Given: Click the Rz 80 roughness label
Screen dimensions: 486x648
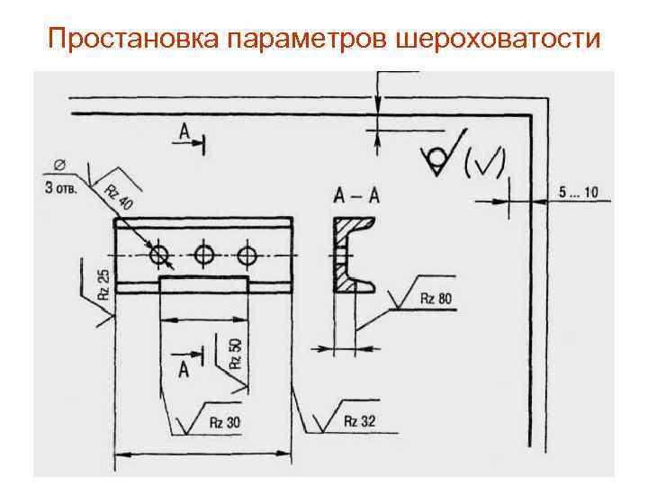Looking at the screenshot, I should click(x=436, y=299).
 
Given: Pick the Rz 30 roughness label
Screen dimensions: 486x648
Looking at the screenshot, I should click(x=224, y=421).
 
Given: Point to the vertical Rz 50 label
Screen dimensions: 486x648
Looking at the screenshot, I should click(x=236, y=354).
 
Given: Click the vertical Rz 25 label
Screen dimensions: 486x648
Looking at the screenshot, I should click(x=104, y=283).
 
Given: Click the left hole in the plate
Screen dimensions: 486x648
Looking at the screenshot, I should click(x=161, y=256).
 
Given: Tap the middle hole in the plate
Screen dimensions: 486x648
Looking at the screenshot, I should click(x=204, y=256).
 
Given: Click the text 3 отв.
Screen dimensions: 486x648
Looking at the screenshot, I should click(x=61, y=188).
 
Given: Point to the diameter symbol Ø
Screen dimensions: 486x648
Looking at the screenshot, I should click(x=59, y=164).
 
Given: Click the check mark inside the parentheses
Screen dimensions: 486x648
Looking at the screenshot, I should click(x=485, y=162).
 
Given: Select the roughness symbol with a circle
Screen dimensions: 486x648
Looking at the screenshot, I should click(x=440, y=157).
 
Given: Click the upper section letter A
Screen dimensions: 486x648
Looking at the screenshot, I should click(x=184, y=132).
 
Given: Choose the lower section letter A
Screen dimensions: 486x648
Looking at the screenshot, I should click(x=184, y=367).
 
